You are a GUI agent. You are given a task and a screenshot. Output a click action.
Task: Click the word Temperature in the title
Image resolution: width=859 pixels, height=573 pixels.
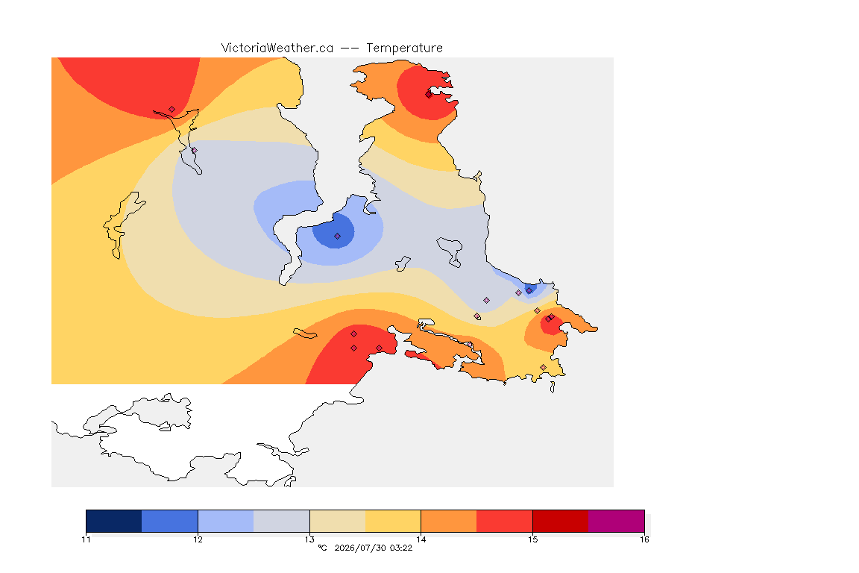coord(404,48)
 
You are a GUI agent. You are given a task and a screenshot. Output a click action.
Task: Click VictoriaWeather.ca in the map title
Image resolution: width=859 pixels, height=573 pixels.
coord(277,48)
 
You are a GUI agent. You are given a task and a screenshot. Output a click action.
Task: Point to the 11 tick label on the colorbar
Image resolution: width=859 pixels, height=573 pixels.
coord(86,539)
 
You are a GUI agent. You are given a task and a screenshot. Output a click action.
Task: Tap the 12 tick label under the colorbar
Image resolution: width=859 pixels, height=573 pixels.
coord(198,539)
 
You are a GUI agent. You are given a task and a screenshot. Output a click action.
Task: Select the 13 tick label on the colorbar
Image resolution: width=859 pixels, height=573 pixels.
coord(309,539)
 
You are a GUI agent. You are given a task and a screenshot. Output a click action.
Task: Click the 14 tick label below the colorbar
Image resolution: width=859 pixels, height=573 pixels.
coord(421,539)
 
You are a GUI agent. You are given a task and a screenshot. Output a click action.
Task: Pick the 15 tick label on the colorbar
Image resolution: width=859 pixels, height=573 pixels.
coord(532,539)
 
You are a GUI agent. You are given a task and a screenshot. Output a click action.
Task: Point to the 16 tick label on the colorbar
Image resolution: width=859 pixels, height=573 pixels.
coord(644,539)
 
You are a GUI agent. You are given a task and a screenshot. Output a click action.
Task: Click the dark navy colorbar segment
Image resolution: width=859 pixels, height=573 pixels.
coord(114,521)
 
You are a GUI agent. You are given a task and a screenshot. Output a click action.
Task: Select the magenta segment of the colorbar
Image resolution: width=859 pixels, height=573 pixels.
coord(617,521)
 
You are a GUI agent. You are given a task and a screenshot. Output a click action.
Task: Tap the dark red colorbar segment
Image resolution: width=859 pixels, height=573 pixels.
coord(561,521)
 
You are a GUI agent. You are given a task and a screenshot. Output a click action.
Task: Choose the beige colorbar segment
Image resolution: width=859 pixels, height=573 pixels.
coord(338,521)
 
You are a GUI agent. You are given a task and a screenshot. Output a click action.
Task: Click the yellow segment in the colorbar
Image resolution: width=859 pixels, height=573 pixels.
coord(393,521)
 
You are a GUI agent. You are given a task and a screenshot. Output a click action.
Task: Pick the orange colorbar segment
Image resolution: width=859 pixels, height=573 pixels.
coord(449,521)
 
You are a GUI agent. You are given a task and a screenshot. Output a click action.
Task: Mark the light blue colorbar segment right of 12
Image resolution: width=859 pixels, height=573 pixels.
coord(226,521)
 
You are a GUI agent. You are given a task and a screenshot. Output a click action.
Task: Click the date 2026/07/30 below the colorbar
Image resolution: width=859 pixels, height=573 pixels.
coord(360,548)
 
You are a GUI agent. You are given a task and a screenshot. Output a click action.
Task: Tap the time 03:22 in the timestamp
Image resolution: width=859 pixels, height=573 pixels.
coord(401,548)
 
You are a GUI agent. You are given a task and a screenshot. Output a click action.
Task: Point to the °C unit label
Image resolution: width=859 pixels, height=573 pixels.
coord(323,548)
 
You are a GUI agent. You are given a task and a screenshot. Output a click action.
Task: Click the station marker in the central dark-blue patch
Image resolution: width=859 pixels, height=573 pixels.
coord(338,237)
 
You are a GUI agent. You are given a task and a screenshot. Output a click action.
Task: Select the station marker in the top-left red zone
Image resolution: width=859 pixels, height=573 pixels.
coord(172,110)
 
